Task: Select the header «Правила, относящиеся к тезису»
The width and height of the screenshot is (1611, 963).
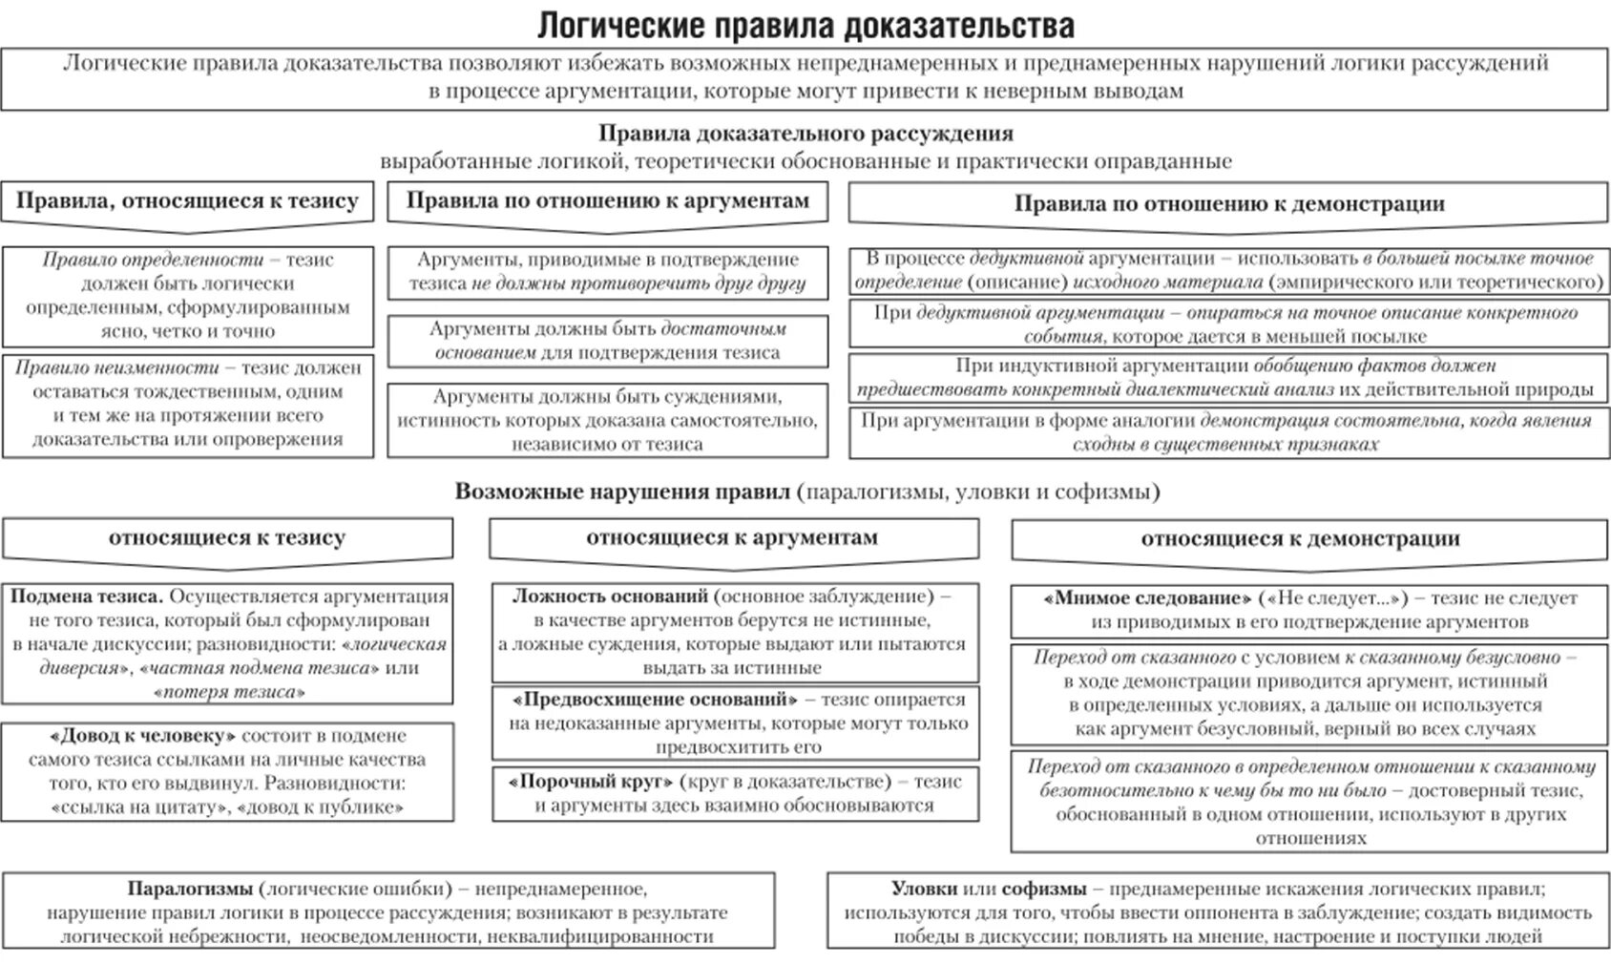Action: click(187, 201)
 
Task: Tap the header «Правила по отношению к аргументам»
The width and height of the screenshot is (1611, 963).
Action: click(607, 200)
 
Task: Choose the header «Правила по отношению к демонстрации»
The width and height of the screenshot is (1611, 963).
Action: click(1228, 203)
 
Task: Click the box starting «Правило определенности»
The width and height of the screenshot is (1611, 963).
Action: click(187, 295)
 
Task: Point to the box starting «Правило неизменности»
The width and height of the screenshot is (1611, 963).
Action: click(187, 404)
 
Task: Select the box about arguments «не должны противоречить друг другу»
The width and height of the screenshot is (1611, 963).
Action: click(607, 271)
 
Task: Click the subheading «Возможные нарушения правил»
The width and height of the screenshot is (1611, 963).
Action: click(622, 492)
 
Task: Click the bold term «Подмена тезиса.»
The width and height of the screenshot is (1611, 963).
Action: click(86, 597)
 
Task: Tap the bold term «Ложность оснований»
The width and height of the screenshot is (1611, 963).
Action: click(610, 597)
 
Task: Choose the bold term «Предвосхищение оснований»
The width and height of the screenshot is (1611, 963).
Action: click(654, 700)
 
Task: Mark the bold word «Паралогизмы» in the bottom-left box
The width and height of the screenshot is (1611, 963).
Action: click(190, 889)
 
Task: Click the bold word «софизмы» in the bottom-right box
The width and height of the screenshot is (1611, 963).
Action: click(1044, 889)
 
